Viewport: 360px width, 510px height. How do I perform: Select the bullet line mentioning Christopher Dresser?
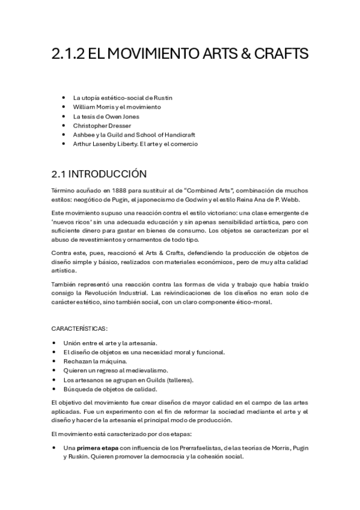click(x=102, y=125)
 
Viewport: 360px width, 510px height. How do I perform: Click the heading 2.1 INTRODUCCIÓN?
click(x=99, y=174)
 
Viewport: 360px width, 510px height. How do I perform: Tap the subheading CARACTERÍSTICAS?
click(x=79, y=328)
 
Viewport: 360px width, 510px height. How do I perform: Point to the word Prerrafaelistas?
click(x=198, y=448)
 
